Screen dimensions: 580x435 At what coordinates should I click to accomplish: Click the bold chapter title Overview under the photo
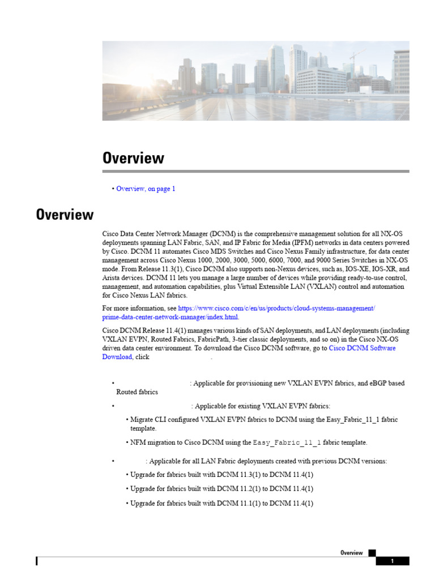[x=133, y=158]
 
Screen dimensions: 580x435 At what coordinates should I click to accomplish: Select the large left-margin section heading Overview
[x=65, y=215]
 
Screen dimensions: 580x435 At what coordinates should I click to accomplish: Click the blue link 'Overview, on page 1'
[x=146, y=189]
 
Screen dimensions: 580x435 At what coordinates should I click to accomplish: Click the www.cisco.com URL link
[x=276, y=308]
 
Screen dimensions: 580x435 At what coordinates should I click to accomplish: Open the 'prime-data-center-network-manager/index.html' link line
[x=170, y=317]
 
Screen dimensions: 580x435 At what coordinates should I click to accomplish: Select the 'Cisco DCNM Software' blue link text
[x=362, y=348]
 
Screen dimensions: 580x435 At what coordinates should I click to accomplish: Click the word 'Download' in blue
[x=117, y=357]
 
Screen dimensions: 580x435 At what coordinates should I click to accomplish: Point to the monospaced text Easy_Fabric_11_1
[x=287, y=442]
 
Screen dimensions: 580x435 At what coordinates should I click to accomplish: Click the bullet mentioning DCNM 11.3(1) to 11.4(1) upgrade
[x=221, y=474]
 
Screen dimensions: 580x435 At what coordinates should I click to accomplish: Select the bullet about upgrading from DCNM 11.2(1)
[x=221, y=488]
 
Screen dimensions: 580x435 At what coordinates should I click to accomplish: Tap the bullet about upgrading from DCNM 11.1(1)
[x=221, y=503]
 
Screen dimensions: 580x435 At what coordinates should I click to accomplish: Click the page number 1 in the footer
[x=392, y=561]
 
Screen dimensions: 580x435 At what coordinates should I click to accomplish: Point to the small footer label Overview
[x=351, y=553]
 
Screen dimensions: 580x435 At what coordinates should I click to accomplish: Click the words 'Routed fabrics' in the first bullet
[x=137, y=392]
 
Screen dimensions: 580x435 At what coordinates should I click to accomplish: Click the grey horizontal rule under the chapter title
[x=255, y=171]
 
